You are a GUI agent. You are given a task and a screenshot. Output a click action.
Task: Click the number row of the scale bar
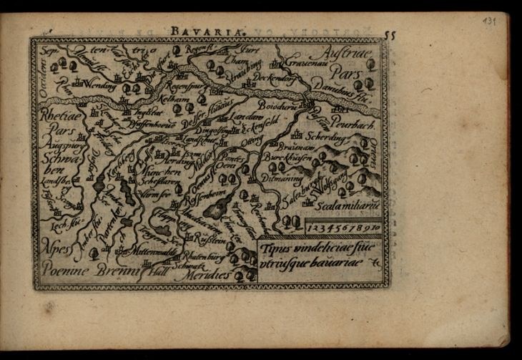pos(340,226)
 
